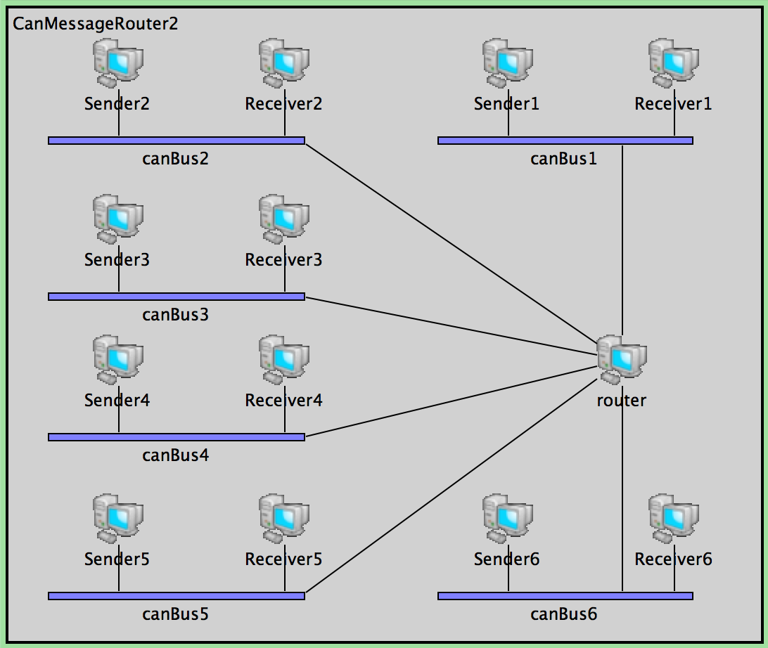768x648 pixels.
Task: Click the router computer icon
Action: coord(622,359)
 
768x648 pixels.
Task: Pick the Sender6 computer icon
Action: coord(508,519)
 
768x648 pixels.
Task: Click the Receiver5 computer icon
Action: coord(284,519)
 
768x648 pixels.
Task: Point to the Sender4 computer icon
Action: coord(118,359)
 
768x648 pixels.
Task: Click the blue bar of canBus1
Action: coord(565,141)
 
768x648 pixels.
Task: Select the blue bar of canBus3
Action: coord(176,297)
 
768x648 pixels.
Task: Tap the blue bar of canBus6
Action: coord(565,596)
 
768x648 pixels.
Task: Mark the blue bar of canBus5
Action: coord(176,596)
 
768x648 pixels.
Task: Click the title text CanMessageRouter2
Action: coord(96,24)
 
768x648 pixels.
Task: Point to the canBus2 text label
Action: coord(176,159)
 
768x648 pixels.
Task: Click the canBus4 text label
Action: coord(176,455)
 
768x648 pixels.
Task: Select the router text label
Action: coord(622,401)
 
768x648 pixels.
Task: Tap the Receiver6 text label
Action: coord(674,559)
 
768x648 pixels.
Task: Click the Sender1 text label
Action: coord(506,104)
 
